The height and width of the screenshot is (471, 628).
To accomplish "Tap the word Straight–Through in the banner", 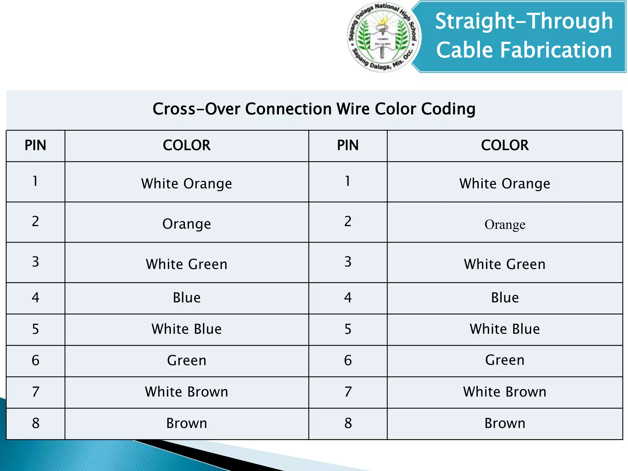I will point(524,21).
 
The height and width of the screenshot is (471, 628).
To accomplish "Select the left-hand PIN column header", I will point(36,145).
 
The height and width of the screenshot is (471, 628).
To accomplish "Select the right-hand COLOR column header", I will point(505,145).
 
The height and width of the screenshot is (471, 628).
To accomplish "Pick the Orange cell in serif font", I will point(505,224).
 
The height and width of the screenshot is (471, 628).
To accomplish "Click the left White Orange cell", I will point(186,183).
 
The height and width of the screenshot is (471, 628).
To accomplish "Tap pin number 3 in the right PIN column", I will point(348,262).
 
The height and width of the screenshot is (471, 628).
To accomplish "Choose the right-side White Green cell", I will point(505,264).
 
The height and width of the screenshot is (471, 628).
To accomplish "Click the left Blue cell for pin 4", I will point(186,298).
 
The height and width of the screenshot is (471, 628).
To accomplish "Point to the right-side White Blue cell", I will point(505,329).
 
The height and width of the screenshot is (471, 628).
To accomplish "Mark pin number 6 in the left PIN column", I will point(36,361).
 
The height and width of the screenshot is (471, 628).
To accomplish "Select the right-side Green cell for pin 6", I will point(505,360).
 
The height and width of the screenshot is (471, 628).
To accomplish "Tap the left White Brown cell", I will point(186,392).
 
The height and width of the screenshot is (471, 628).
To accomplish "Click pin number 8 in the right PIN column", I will point(348,423).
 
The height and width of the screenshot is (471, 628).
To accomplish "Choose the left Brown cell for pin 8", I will point(186,423).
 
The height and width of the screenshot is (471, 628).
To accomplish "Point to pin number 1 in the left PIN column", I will point(36,181).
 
